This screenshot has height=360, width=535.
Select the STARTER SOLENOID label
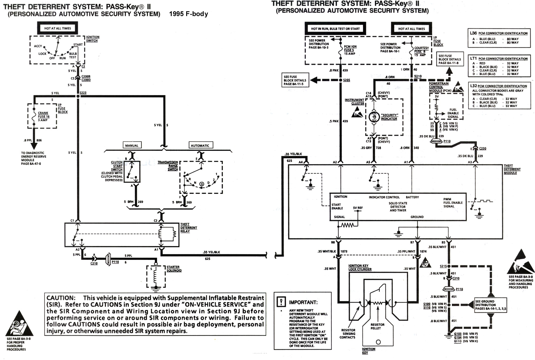pos(174,268)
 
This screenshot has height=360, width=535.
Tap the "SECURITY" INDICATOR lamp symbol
pos(374,117)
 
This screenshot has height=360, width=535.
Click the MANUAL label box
pos(132,145)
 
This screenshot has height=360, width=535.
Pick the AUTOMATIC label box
pos(200,145)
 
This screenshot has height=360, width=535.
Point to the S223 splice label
pos(83,93)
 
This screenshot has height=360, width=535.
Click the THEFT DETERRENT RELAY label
pos(188,228)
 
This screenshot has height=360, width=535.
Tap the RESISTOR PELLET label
pos(377,326)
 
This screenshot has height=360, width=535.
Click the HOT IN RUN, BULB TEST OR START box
pos(335,29)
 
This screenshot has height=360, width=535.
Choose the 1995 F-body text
pos(189,14)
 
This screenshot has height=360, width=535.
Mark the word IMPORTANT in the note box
pos(303,302)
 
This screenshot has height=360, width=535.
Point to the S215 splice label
pos(443,266)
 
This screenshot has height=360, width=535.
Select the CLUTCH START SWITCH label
pos(117,166)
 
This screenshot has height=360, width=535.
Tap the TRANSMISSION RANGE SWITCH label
pos(168,166)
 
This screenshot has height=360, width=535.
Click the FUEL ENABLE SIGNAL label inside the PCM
pos(453,113)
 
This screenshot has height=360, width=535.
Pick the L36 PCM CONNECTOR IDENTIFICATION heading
pos(499,33)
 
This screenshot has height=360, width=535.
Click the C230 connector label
pos(483,148)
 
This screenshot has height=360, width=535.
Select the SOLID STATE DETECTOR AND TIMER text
pos(398,207)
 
